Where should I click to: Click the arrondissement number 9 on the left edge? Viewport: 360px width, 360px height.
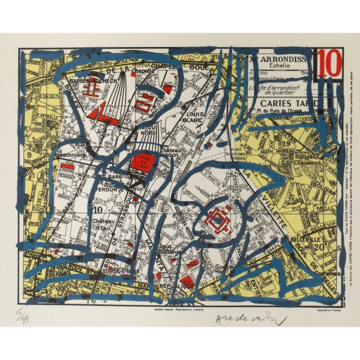point(29,155)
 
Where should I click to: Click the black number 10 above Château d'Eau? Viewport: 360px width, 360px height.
point(98,209)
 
